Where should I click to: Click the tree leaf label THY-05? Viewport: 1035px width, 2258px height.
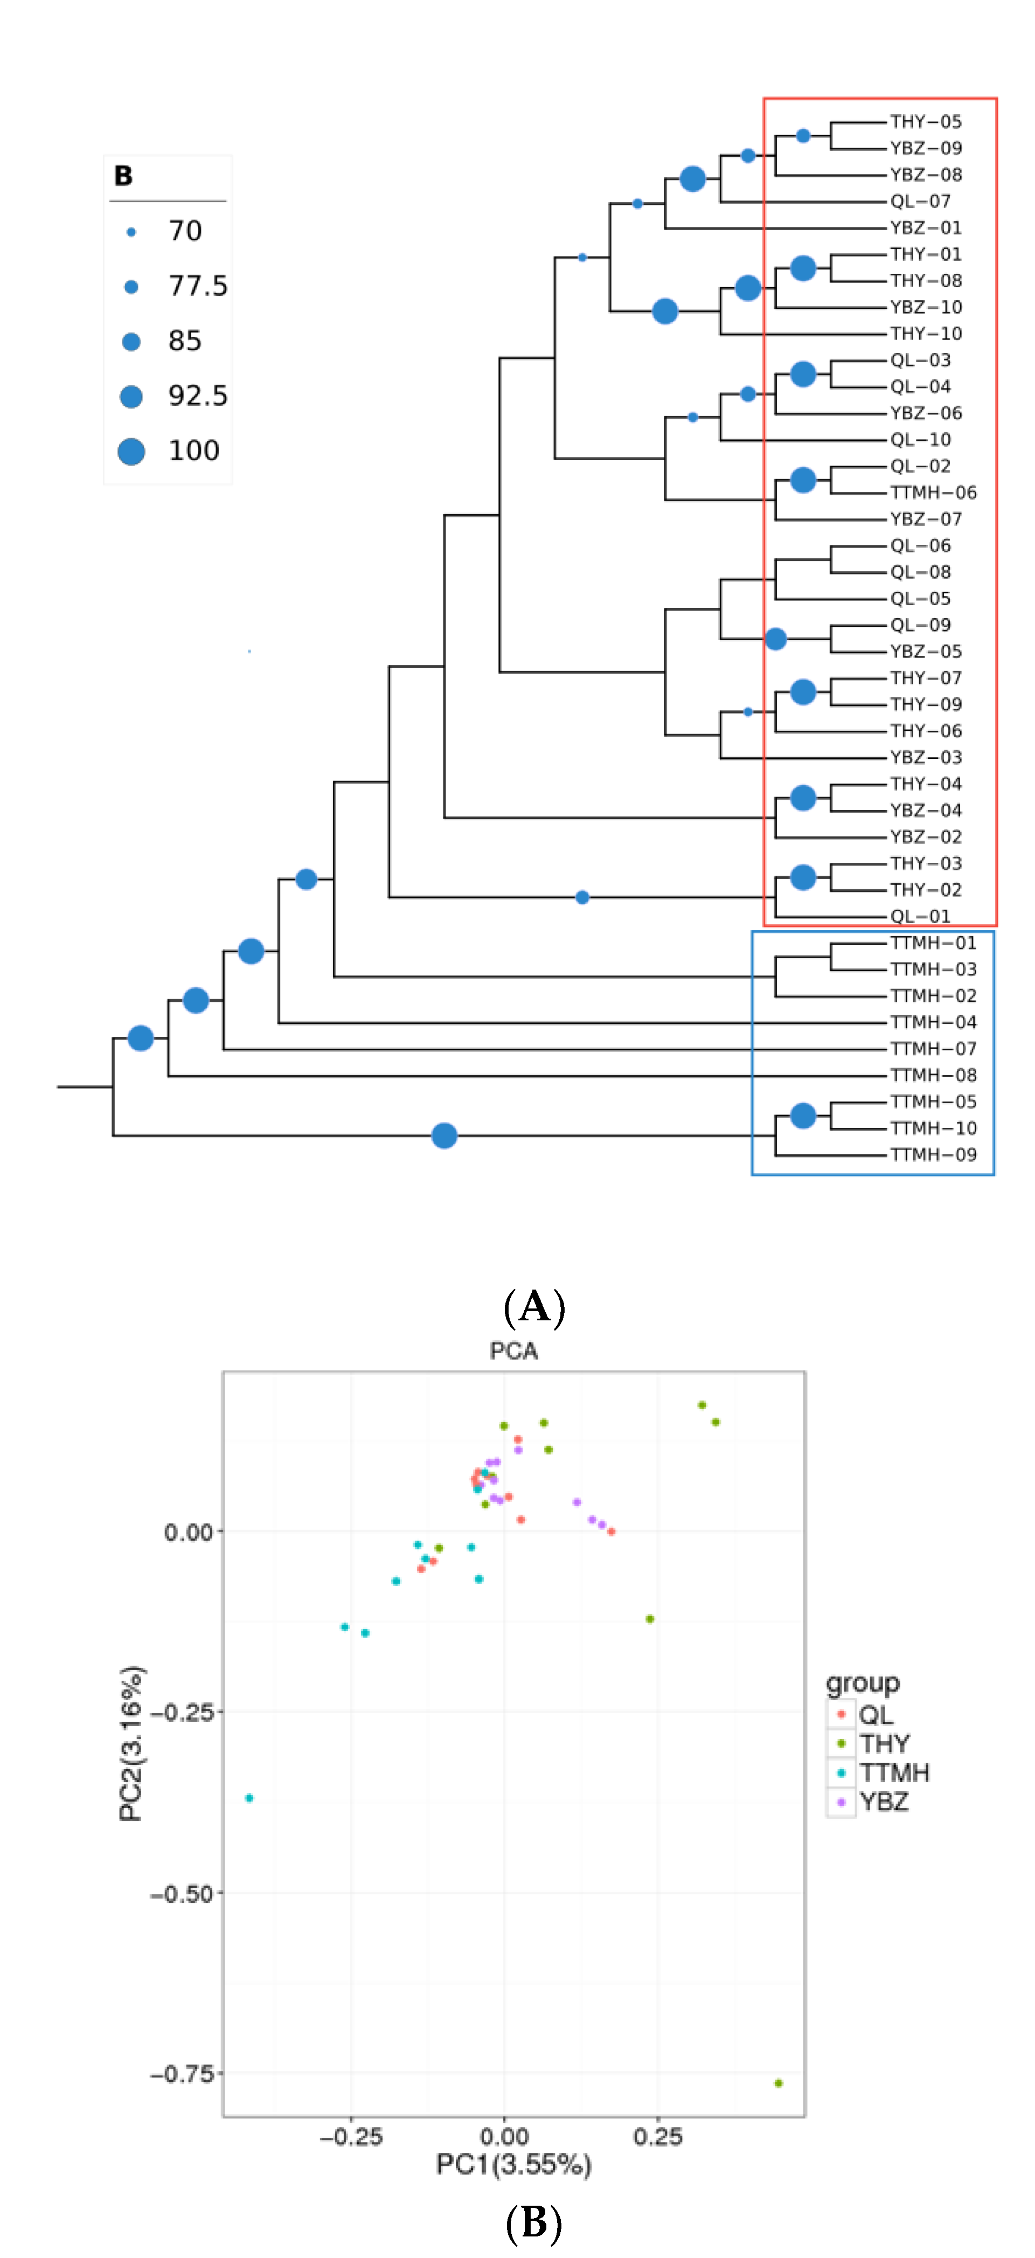click(x=926, y=122)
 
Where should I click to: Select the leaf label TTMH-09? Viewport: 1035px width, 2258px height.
click(x=933, y=1154)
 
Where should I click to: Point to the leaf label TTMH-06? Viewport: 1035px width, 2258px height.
click(x=933, y=493)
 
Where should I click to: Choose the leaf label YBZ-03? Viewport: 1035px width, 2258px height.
click(x=926, y=757)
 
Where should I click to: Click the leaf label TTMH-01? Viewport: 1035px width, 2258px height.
click(x=933, y=943)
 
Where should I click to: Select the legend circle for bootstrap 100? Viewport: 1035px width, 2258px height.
click(x=131, y=452)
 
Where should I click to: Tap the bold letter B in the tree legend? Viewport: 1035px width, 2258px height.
click(x=123, y=176)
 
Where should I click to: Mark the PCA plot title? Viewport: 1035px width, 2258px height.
click(x=513, y=1351)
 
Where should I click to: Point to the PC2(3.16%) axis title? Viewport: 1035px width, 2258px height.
click(x=131, y=1744)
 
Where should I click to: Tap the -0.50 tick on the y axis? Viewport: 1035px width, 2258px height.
click(x=182, y=1893)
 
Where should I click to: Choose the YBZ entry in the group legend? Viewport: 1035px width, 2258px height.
click(x=884, y=1802)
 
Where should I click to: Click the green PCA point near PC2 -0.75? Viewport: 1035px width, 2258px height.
click(x=778, y=2083)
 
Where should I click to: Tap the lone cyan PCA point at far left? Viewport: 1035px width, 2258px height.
click(x=250, y=1798)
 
